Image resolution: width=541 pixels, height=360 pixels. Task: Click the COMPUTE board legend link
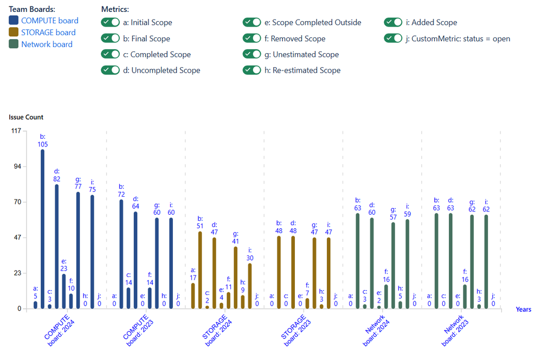tap(49, 21)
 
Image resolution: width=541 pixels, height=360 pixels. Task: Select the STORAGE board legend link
tap(48, 33)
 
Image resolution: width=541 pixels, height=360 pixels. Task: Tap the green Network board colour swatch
tap(14, 44)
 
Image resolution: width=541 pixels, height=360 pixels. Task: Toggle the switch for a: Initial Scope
tap(110, 23)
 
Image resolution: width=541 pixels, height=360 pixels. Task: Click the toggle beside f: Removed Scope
tap(252, 38)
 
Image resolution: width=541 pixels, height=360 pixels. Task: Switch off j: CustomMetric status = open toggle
tap(393, 38)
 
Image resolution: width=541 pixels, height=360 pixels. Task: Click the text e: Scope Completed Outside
tap(316, 23)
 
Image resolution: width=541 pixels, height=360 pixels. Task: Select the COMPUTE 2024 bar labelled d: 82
tap(56, 246)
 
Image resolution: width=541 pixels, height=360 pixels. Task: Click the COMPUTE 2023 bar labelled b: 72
tap(121, 254)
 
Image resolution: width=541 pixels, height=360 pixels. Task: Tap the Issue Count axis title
tap(26, 117)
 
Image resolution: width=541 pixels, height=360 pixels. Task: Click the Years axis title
tap(523, 309)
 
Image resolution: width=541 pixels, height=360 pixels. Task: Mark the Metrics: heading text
tap(115, 10)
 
